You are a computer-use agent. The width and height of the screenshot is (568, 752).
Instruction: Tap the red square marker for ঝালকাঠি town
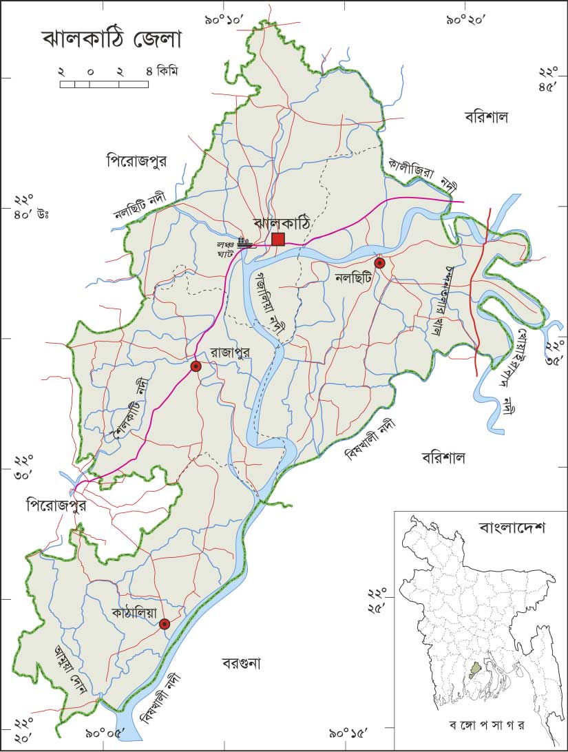coord(278,239)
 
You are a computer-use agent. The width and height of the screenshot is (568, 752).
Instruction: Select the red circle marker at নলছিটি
coord(379,263)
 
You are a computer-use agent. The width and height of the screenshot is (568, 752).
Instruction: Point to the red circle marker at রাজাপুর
coord(196,366)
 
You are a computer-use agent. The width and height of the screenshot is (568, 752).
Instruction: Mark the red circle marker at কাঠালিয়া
coord(164,624)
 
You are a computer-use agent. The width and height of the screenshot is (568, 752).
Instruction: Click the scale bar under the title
coord(104,84)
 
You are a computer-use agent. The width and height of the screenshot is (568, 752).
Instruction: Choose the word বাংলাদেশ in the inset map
coord(512,529)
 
